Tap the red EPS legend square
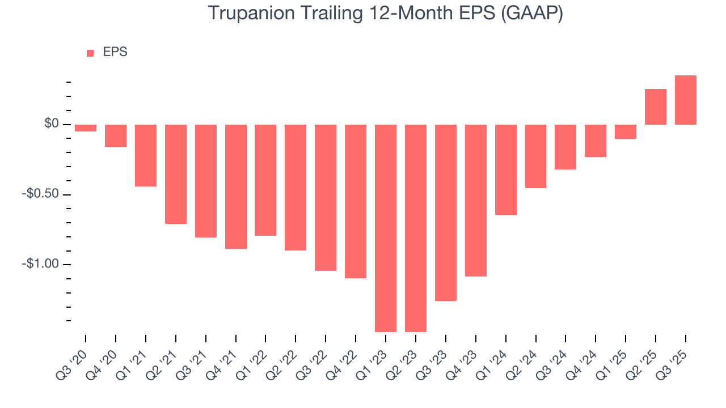pyautogui.click(x=90, y=53)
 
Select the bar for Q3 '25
pyautogui.click(x=685, y=100)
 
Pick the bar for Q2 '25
pyautogui.click(x=655, y=107)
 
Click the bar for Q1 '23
pyautogui.click(x=386, y=228)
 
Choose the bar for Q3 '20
pyautogui.click(x=86, y=128)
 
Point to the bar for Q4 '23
pyautogui.click(x=475, y=201)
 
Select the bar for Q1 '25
pyautogui.click(x=625, y=131)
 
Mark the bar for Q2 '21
pyautogui.click(x=176, y=174)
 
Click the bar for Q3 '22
pyautogui.click(x=326, y=198)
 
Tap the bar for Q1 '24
pyautogui.click(x=505, y=169)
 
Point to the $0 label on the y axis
pyautogui.click(x=52, y=124)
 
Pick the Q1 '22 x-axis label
pyautogui.click(x=252, y=357)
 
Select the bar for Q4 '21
pyautogui.click(x=236, y=186)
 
